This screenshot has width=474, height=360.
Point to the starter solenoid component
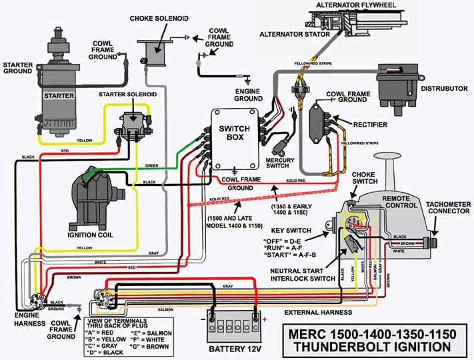[133, 125]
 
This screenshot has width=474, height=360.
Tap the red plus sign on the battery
[265, 319]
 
